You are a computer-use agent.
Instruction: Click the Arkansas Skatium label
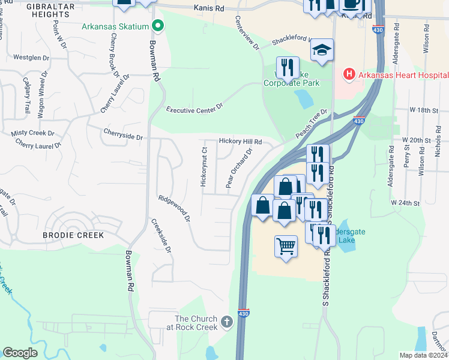(116, 26)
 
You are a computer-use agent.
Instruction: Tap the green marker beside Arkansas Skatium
(158, 26)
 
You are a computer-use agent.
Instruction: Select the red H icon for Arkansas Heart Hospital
(348, 74)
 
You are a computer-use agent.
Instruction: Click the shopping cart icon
(286, 245)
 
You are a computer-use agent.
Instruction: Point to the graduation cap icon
(322, 49)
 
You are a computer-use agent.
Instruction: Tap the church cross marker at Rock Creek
(226, 322)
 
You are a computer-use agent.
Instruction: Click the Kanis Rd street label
(208, 8)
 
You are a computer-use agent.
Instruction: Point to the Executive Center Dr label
(194, 108)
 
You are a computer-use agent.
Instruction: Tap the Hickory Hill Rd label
(240, 142)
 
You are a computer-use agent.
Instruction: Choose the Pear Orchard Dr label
(238, 168)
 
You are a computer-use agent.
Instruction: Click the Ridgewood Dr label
(174, 209)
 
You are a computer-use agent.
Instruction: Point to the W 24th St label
(405, 203)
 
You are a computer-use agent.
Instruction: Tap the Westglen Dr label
(30, 58)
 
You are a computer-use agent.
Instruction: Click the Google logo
(20, 352)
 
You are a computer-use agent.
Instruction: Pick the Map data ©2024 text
(423, 355)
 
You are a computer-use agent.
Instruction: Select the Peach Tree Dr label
(312, 122)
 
